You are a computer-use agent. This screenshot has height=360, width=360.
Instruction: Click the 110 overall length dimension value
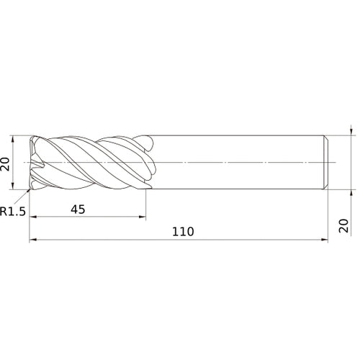(x=183, y=232)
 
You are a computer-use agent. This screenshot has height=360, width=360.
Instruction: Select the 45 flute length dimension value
(x=78, y=210)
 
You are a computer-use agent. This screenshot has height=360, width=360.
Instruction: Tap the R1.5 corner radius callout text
(x=13, y=212)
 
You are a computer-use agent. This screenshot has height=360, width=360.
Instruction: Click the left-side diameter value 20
(x=5, y=164)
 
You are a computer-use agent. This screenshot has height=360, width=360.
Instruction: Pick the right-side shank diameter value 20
(x=343, y=225)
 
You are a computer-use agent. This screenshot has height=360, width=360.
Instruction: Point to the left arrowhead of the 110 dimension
(x=32, y=239)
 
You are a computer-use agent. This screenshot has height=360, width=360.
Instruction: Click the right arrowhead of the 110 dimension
(x=325, y=239)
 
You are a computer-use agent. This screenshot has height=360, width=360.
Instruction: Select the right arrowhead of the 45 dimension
(x=143, y=217)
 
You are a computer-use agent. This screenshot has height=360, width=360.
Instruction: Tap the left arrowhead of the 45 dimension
(x=32, y=217)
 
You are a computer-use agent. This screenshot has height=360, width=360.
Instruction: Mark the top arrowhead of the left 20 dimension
(x=13, y=139)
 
